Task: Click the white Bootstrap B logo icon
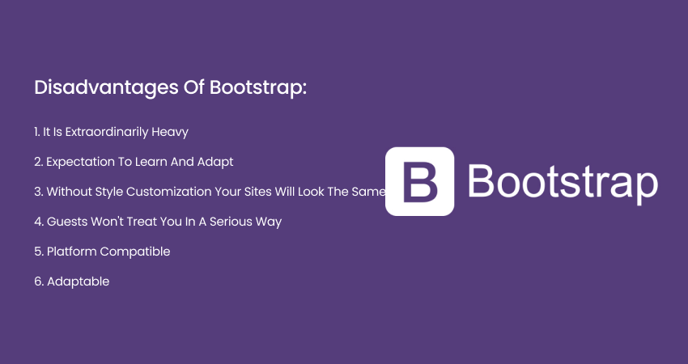[x=419, y=181]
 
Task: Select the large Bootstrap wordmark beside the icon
[x=562, y=182]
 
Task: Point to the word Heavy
[x=172, y=131]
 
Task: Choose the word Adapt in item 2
[x=216, y=162]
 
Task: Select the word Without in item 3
[x=69, y=192]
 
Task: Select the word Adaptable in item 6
[x=78, y=281]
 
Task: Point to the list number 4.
[x=38, y=222]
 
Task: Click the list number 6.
[x=38, y=281]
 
